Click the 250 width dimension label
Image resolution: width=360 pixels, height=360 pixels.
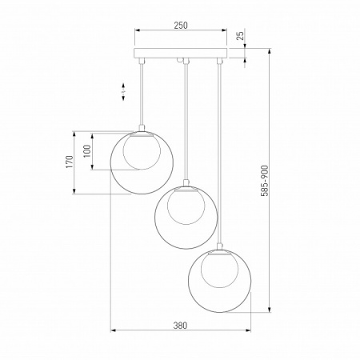(x=181, y=26)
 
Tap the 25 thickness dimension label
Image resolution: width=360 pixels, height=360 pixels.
(x=241, y=35)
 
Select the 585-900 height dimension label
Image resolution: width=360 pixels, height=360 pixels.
(x=265, y=181)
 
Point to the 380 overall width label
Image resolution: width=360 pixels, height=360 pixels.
(x=180, y=326)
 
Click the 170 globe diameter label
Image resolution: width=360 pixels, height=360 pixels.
(x=70, y=162)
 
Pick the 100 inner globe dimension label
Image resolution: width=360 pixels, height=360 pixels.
(x=87, y=151)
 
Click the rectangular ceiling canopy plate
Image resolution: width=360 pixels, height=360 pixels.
(x=181, y=53)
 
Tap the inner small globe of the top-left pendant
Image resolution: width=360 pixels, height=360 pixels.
(x=142, y=151)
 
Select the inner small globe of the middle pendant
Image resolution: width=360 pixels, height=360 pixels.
(x=186, y=206)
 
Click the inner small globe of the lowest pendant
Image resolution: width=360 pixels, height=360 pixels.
(x=220, y=270)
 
